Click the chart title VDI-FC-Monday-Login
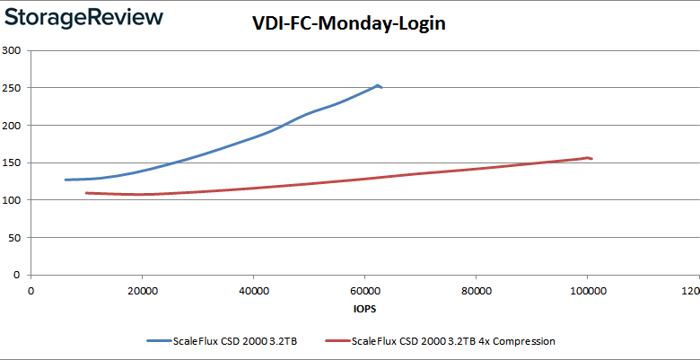tap(349, 24)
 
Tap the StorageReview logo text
tap(83, 18)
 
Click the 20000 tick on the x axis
tap(142, 291)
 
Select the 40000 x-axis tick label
tap(253, 291)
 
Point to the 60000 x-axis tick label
tap(364, 291)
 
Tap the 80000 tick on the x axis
tap(476, 291)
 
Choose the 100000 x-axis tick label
tap(586, 291)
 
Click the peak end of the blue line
tap(379, 85)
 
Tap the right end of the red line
tap(591, 159)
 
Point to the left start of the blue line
tap(66, 180)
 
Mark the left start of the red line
tap(86, 193)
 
